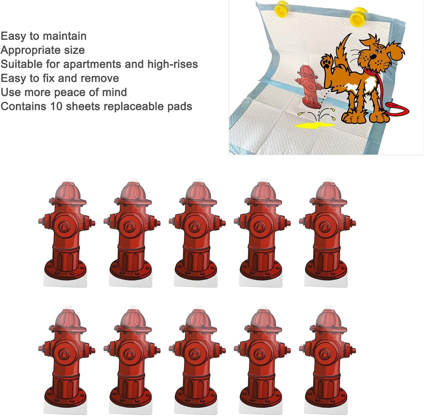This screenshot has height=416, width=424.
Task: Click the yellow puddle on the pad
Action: pyautogui.click(x=314, y=125)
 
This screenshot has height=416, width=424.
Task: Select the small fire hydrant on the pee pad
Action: pyautogui.click(x=308, y=86)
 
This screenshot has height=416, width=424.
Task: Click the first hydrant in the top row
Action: pyautogui.click(x=66, y=232)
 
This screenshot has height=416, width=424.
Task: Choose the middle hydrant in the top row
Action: pyautogui.click(x=197, y=232)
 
